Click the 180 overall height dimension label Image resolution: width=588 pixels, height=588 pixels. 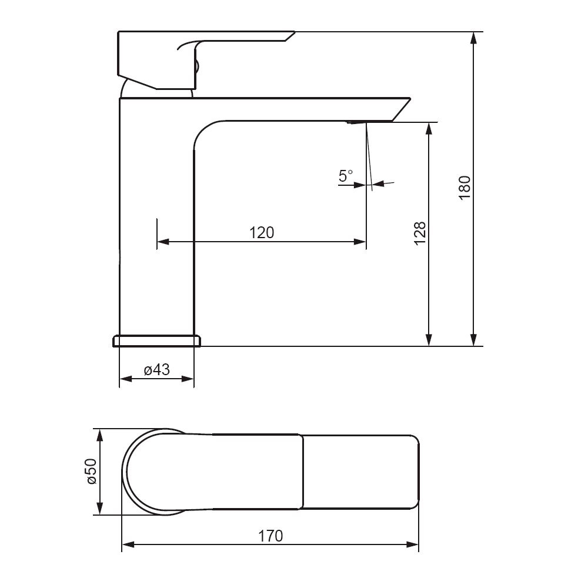(x=465, y=188)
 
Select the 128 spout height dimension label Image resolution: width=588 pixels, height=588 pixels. (x=420, y=233)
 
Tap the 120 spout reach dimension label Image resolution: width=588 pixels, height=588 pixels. (x=262, y=233)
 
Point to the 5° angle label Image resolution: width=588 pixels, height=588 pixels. (x=346, y=175)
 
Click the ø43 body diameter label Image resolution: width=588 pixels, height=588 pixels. (x=157, y=370)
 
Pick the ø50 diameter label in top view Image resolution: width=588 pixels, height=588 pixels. (x=92, y=472)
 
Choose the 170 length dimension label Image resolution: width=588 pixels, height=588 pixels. (x=270, y=536)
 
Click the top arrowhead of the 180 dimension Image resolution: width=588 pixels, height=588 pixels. (x=474, y=38)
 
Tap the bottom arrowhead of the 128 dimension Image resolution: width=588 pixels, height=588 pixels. (x=429, y=340)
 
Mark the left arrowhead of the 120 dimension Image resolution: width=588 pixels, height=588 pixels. (x=163, y=242)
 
